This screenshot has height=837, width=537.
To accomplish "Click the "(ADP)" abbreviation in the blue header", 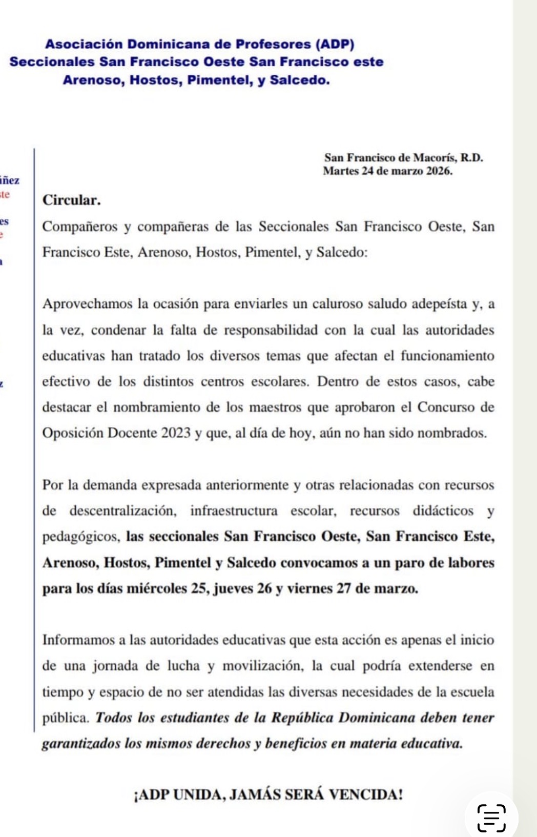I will coord(335,45).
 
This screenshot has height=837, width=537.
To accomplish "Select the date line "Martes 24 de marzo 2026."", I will coord(387,171).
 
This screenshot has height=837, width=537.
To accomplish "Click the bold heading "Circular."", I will coord(71,200).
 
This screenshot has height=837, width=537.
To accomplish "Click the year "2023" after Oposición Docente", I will coord(176,433).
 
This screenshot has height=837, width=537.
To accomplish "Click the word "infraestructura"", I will coord(234,511).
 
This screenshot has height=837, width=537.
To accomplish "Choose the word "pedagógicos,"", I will coord(81,537).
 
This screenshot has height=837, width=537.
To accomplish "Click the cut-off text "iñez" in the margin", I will coord(10,180).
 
